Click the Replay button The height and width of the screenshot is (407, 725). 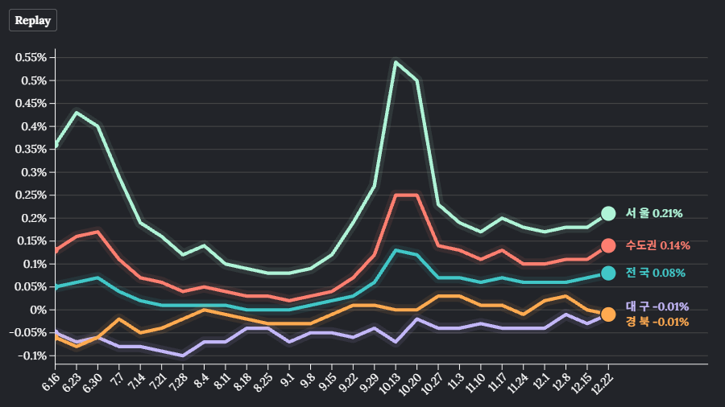pos(33,20)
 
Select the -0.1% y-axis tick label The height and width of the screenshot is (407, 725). pos(31,356)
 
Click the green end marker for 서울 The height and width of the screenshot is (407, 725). pos(608,213)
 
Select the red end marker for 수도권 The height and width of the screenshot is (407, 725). pos(608,245)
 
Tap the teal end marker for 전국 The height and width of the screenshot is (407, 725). pos(608,273)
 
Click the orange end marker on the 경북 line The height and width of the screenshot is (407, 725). pos(608,314)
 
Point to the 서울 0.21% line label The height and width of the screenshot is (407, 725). pos(654,213)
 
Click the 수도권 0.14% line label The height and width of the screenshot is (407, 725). pos(658,245)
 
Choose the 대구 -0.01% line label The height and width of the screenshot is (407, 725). pos(657,306)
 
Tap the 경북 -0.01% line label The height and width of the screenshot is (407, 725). pos(657,322)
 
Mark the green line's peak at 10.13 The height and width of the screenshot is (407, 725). pos(396,62)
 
